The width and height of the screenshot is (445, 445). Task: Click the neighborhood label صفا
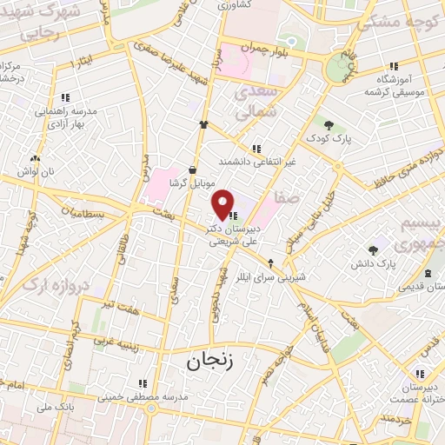click(287, 198)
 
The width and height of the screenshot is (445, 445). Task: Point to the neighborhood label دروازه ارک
click(56, 284)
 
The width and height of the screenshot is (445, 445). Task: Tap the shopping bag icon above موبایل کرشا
click(192, 169)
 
